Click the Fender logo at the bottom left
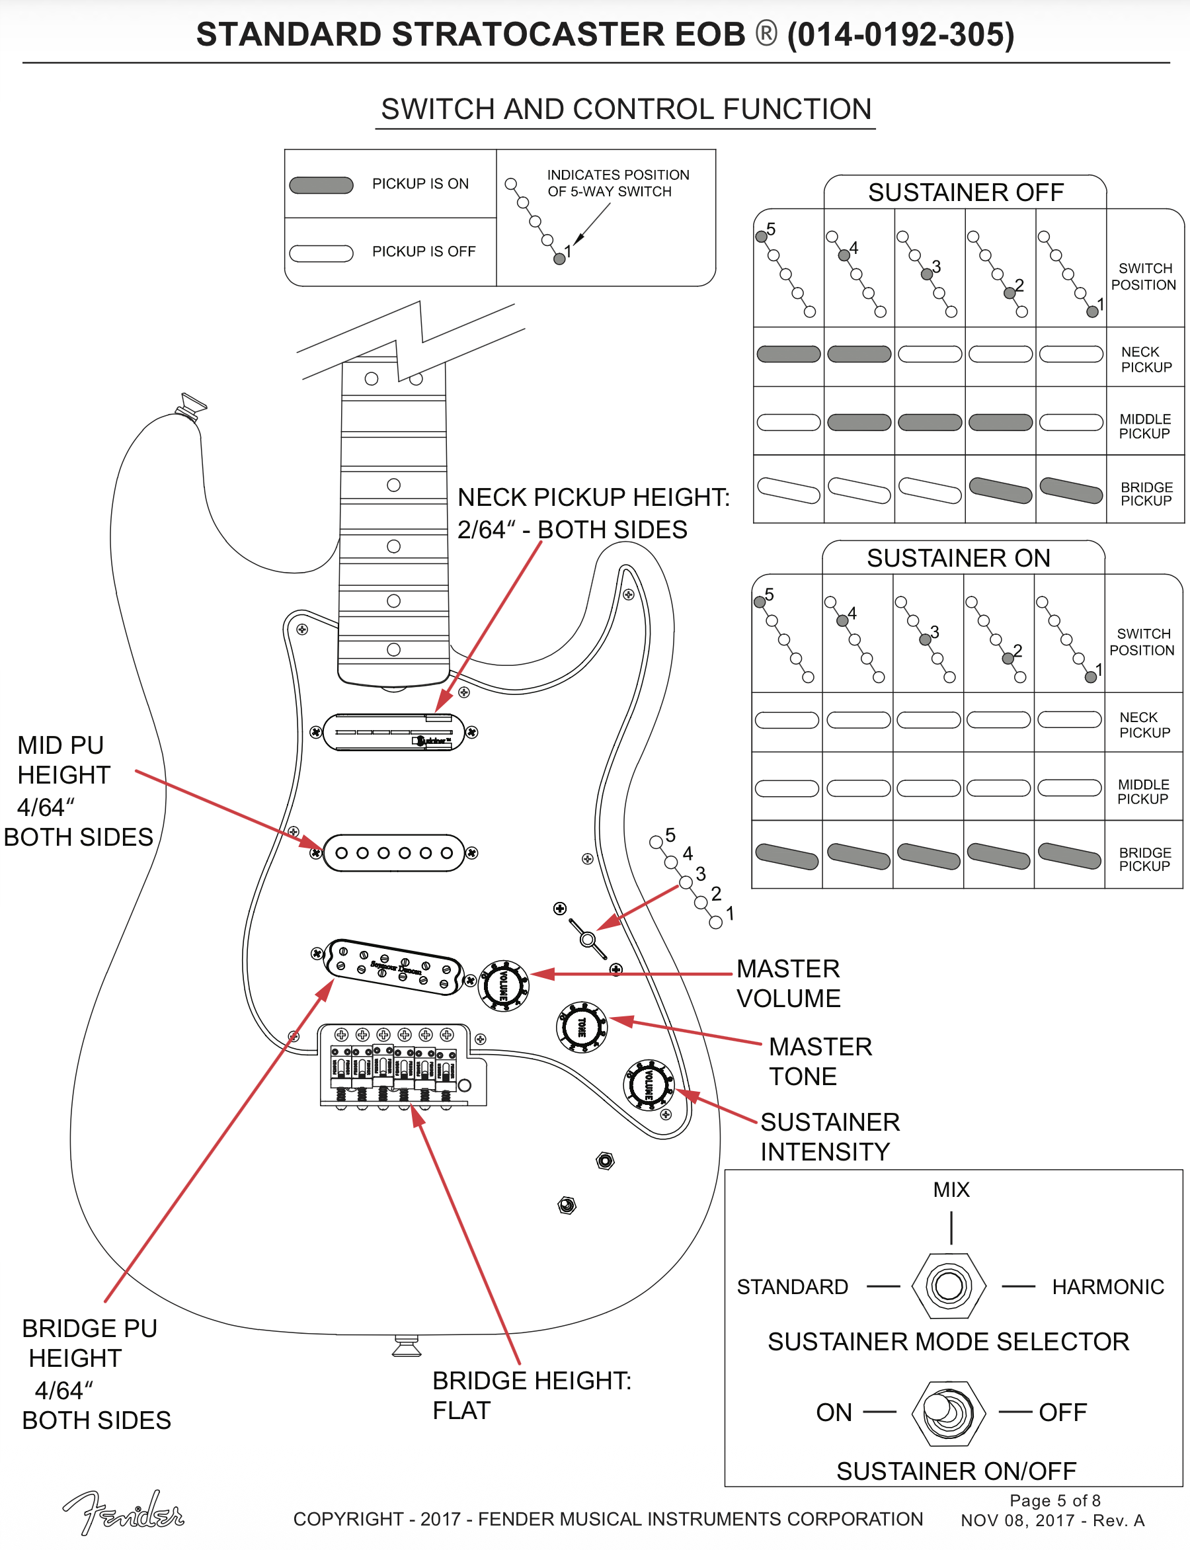(124, 1513)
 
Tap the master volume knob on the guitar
(504, 985)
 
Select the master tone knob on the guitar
(582, 1026)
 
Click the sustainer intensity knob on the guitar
(648, 1084)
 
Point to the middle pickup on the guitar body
(394, 852)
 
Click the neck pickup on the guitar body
(394, 732)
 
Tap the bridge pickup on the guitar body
(394, 967)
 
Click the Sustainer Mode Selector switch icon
(949, 1285)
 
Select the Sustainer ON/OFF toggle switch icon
(949, 1412)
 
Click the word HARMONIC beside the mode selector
(1108, 1286)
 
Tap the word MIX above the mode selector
(951, 1190)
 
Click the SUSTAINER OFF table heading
(965, 192)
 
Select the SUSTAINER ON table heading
(959, 558)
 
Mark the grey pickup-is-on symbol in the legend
(321, 185)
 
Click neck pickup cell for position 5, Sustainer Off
(788, 354)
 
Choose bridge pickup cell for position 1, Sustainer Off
(1071, 490)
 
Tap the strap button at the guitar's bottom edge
(407, 1345)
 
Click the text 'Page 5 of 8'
(1054, 1500)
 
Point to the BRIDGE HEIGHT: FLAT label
(532, 1395)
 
